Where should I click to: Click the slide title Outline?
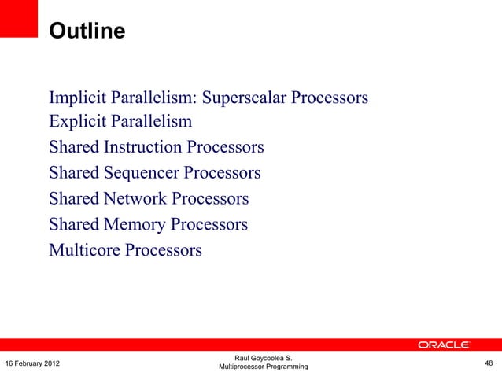(x=87, y=31)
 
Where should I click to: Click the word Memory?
(x=135, y=224)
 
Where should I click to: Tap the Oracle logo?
(x=444, y=345)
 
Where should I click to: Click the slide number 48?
(x=489, y=363)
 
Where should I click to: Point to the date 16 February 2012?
(x=36, y=363)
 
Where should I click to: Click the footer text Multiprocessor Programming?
(x=263, y=367)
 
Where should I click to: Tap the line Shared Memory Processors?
(x=148, y=224)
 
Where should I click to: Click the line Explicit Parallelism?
(x=120, y=122)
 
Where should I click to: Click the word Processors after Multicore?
(x=166, y=250)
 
